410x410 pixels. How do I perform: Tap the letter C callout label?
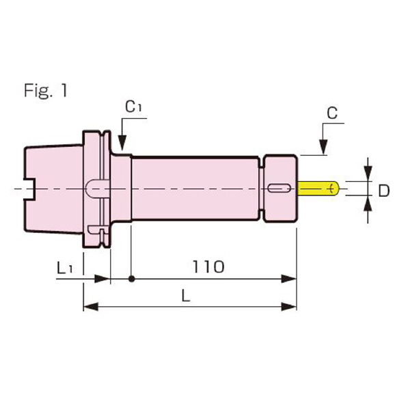click(x=331, y=113)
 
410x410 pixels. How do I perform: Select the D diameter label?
click(x=384, y=191)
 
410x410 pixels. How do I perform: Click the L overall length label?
click(x=186, y=296)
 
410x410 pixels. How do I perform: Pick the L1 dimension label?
click(x=65, y=269)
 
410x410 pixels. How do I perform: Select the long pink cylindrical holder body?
click(x=195, y=188)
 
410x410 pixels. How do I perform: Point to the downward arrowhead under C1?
click(x=122, y=144)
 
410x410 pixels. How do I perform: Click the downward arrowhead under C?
click(x=322, y=147)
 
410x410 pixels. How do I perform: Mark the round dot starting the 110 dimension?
click(x=131, y=278)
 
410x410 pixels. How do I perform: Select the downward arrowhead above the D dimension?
click(x=368, y=174)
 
